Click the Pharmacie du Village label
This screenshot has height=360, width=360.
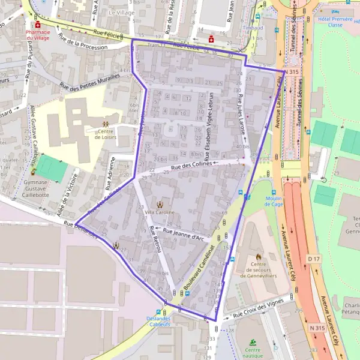click(x=34, y=35)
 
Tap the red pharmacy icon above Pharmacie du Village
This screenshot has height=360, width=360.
click(x=37, y=25)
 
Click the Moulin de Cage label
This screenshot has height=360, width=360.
click(x=273, y=200)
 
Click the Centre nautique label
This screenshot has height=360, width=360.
click(x=253, y=353)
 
